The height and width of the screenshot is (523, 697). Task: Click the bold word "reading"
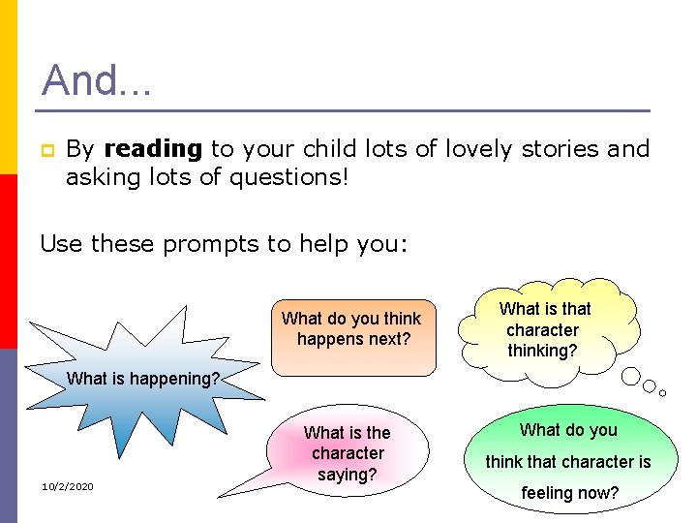pyautogui.click(x=152, y=149)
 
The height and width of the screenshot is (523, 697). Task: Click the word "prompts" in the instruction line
pyautogui.click(x=211, y=243)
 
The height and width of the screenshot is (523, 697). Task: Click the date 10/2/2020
pyautogui.click(x=67, y=485)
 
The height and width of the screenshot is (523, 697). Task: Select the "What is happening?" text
pyautogui.click(x=144, y=379)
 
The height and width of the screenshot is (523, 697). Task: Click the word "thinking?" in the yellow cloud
pyautogui.click(x=542, y=351)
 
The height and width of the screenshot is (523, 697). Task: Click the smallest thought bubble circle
pyautogui.click(x=662, y=392)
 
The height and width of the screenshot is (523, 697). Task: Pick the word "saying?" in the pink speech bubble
pyautogui.click(x=347, y=475)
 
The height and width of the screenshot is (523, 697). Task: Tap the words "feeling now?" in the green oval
pyautogui.click(x=568, y=493)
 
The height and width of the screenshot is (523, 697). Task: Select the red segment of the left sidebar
pyautogui.click(x=8, y=261)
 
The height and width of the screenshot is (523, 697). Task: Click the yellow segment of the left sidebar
pyautogui.click(x=8, y=87)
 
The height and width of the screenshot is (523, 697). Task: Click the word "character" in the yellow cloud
pyautogui.click(x=542, y=329)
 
